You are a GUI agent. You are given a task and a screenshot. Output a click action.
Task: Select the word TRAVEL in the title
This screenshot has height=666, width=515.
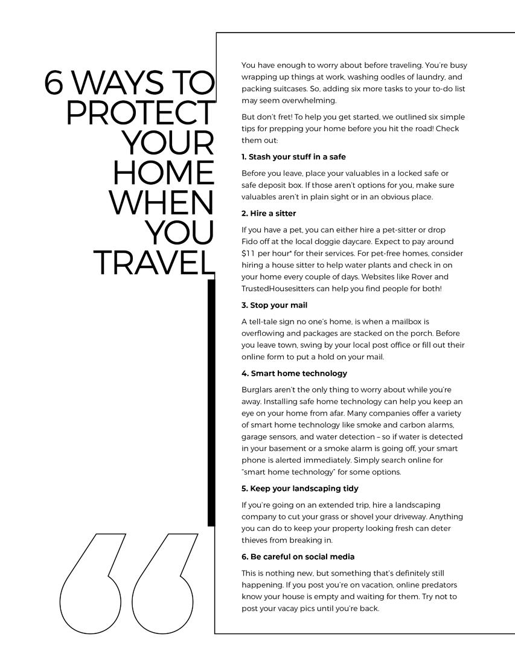154,262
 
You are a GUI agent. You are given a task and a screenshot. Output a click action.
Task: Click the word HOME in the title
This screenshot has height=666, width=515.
164,173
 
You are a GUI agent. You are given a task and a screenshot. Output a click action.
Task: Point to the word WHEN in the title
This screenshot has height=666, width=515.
161,203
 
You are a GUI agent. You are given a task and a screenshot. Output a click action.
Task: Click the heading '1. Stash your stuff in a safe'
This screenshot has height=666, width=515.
293,157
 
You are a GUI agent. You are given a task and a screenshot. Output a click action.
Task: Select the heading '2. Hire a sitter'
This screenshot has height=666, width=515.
269,213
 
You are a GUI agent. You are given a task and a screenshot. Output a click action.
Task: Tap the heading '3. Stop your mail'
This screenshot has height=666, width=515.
274,305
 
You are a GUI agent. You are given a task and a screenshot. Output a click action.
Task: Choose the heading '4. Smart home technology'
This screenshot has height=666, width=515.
294,373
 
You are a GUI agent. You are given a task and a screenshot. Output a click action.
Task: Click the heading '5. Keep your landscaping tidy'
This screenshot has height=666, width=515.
300,488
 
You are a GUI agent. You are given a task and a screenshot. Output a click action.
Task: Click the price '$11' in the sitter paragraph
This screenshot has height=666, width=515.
249,254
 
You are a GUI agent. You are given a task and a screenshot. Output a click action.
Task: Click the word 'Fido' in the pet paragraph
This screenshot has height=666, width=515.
249,242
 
